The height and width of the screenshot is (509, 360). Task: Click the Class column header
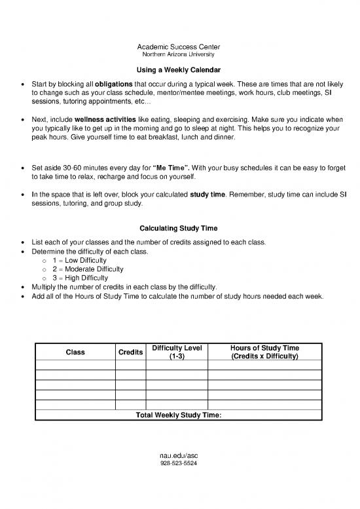(x=75, y=352)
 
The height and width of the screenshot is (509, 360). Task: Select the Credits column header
(x=131, y=352)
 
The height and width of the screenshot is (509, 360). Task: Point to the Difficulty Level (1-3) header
(x=177, y=352)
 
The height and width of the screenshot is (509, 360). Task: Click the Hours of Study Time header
(x=264, y=352)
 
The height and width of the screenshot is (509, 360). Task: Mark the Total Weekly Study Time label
(x=178, y=415)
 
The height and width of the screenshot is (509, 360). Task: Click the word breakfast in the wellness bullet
(x=181, y=138)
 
